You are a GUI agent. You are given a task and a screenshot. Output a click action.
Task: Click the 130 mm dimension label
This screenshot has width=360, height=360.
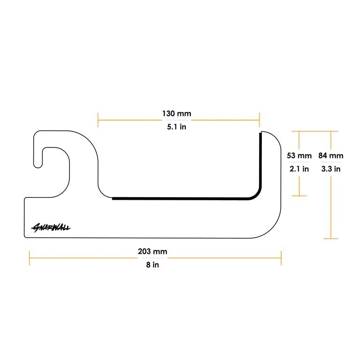click(177, 113)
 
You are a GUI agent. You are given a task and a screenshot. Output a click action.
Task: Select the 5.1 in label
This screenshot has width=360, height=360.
click(177, 127)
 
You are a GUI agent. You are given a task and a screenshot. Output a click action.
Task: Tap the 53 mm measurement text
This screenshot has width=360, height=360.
click(299, 156)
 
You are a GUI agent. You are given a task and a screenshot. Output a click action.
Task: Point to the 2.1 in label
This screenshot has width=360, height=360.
click(299, 169)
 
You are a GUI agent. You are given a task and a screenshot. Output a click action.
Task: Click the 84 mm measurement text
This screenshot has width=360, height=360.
click(331, 156)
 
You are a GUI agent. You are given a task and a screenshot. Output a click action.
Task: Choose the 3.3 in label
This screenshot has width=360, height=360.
click(331, 169)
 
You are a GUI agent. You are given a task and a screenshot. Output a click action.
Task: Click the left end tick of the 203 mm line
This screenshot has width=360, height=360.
click(29, 258)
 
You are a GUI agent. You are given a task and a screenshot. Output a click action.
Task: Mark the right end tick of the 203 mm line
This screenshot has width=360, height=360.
click(281, 258)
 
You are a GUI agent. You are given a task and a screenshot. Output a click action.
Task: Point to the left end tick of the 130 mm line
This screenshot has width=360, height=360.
click(98, 120)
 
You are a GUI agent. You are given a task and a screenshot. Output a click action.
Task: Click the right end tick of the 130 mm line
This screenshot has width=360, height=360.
click(259, 120)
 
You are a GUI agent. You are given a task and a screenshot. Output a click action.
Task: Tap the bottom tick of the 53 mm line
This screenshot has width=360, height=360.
click(299, 196)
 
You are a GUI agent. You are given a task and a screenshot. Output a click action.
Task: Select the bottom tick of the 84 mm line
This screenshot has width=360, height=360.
click(331, 238)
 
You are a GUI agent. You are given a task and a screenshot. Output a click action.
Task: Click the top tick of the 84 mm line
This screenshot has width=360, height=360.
click(331, 131)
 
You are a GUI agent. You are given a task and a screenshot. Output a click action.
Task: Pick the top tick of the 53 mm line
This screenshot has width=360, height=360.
click(299, 131)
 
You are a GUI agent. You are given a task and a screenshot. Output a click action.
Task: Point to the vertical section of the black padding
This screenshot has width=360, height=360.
click(260, 162)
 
